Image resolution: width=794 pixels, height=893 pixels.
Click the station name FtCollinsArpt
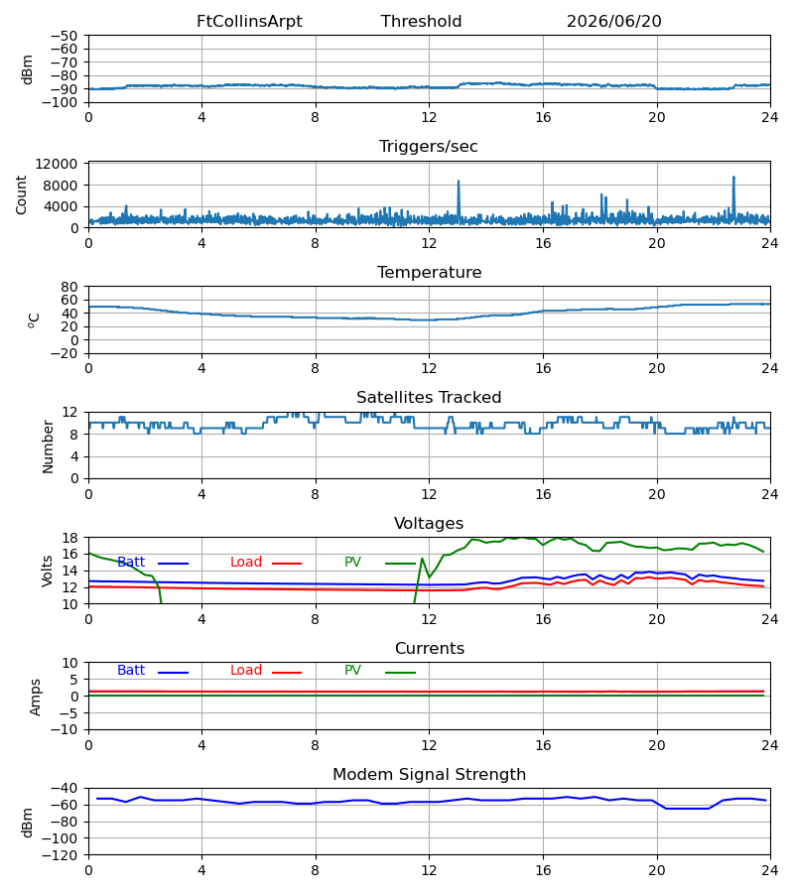point(249,22)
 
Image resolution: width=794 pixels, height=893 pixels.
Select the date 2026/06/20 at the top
point(614,22)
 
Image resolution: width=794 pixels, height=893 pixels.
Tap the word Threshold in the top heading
point(421,22)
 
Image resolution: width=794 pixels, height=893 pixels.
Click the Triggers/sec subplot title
point(429,147)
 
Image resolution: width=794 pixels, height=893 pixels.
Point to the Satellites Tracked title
point(429,398)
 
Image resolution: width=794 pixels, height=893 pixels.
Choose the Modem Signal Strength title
point(429,775)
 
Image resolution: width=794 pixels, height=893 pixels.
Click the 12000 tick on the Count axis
point(57,164)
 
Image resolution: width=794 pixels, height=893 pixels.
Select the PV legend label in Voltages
point(352,563)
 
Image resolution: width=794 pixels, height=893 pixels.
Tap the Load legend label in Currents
point(246,671)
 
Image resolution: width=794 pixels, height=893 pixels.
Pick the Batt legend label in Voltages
point(131,563)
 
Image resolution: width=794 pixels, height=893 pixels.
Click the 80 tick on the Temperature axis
point(70,287)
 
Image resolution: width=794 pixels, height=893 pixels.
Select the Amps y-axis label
point(36,698)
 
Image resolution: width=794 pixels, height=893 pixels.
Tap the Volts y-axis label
point(47,572)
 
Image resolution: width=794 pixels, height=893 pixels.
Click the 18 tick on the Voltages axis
point(70,538)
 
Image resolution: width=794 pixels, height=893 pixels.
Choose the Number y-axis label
point(48,446)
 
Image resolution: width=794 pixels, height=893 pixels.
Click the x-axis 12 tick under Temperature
point(429,368)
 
